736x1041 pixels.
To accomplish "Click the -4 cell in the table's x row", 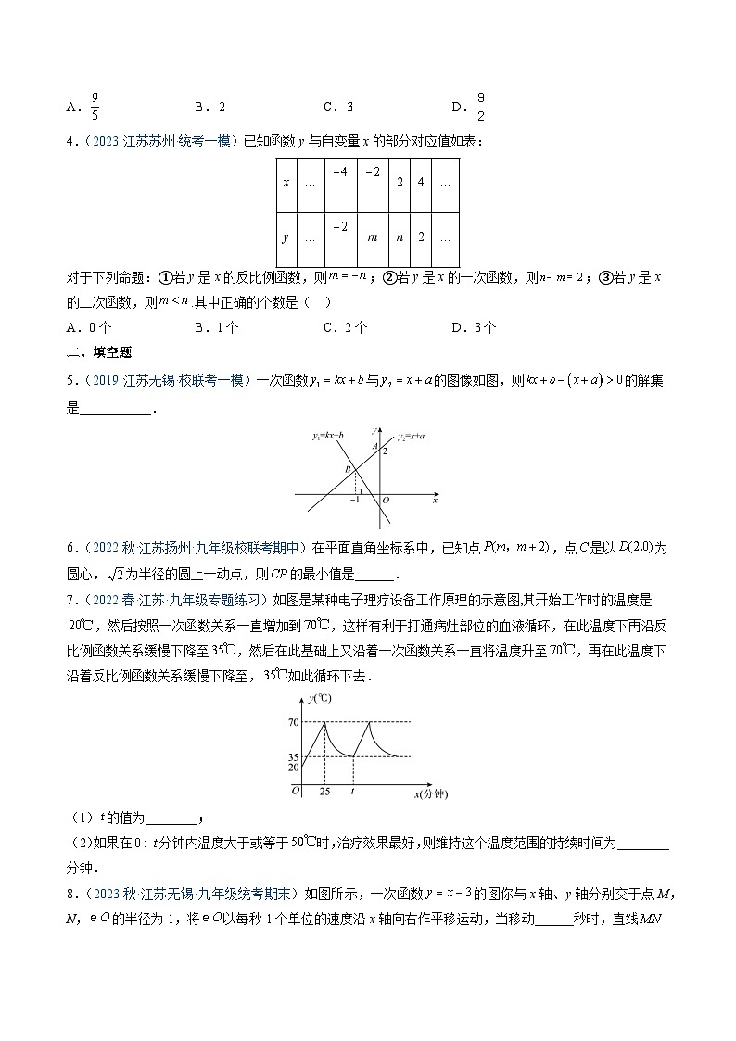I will pos(340,172).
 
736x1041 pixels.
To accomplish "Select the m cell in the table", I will pos(372,237).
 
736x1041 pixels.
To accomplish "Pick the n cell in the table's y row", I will pos(400,237).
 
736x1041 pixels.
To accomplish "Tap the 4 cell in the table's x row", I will pos(420,184).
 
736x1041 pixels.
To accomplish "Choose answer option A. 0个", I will pos(89,326).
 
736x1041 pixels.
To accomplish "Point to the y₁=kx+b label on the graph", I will pos(327,434).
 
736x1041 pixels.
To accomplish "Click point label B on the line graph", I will pos(348,470).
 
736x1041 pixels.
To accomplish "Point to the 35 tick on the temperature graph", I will pos(294,756).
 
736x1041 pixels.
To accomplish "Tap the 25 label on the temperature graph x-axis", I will pos(324,793).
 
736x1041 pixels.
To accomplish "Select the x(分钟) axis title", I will pos(429,794).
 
